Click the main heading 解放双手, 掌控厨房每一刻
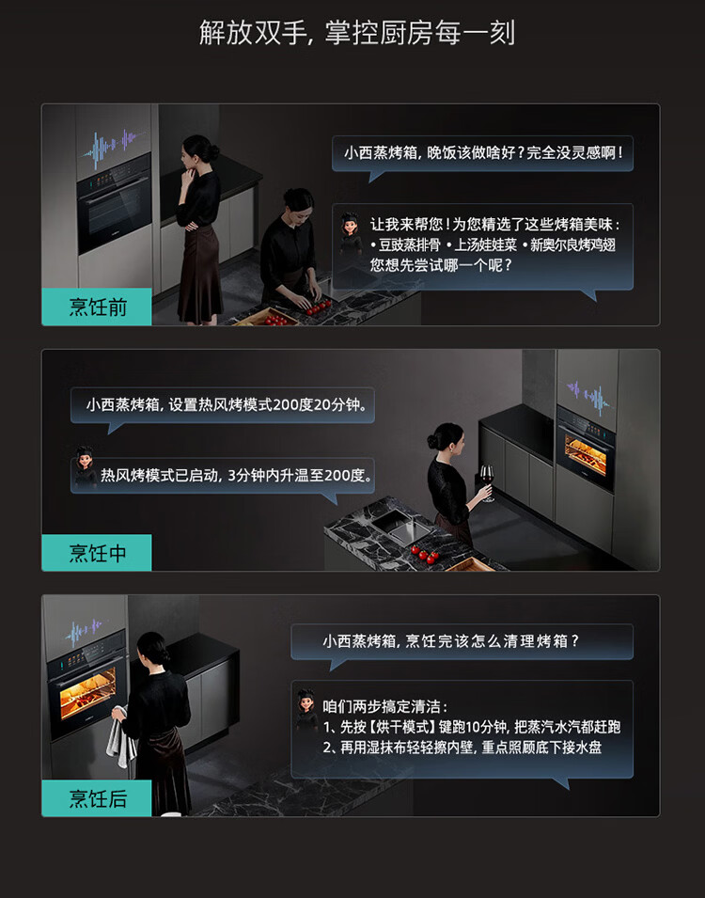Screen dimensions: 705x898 (357, 33)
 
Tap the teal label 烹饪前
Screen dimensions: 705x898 (97, 307)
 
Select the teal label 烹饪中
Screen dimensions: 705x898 (97, 553)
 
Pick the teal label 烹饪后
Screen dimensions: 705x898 (97, 798)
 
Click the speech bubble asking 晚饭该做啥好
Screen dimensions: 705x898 (483, 153)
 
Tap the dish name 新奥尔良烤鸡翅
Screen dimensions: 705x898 (572, 245)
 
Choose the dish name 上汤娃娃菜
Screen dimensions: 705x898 (486, 245)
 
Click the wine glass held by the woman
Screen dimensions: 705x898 (487, 482)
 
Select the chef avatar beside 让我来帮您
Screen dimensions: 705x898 (350, 233)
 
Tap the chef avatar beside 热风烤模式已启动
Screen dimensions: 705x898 (86, 466)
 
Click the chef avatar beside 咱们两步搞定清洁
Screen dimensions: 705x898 (306, 710)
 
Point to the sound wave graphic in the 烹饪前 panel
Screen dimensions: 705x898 (112, 149)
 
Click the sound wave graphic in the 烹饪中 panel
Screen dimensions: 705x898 (587, 397)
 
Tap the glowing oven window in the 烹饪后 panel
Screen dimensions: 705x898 (87, 693)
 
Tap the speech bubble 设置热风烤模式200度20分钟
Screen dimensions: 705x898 (222, 405)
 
